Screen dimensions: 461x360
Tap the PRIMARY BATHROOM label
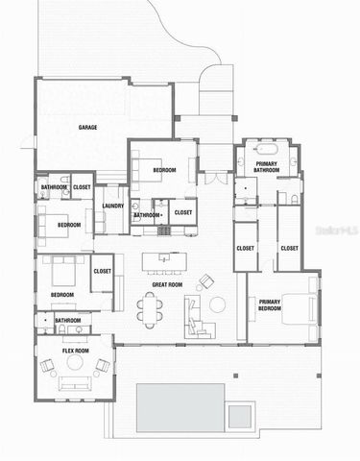pyautogui.click(x=267, y=167)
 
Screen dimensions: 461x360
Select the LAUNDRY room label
pyautogui.click(x=111, y=206)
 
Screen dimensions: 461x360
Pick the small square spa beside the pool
pyautogui.click(x=241, y=414)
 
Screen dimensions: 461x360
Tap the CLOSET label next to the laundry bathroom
pyautogui.click(x=183, y=212)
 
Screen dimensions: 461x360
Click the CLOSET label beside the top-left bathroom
pyautogui.click(x=83, y=186)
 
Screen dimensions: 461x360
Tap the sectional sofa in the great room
pyautogui.click(x=196, y=317)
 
